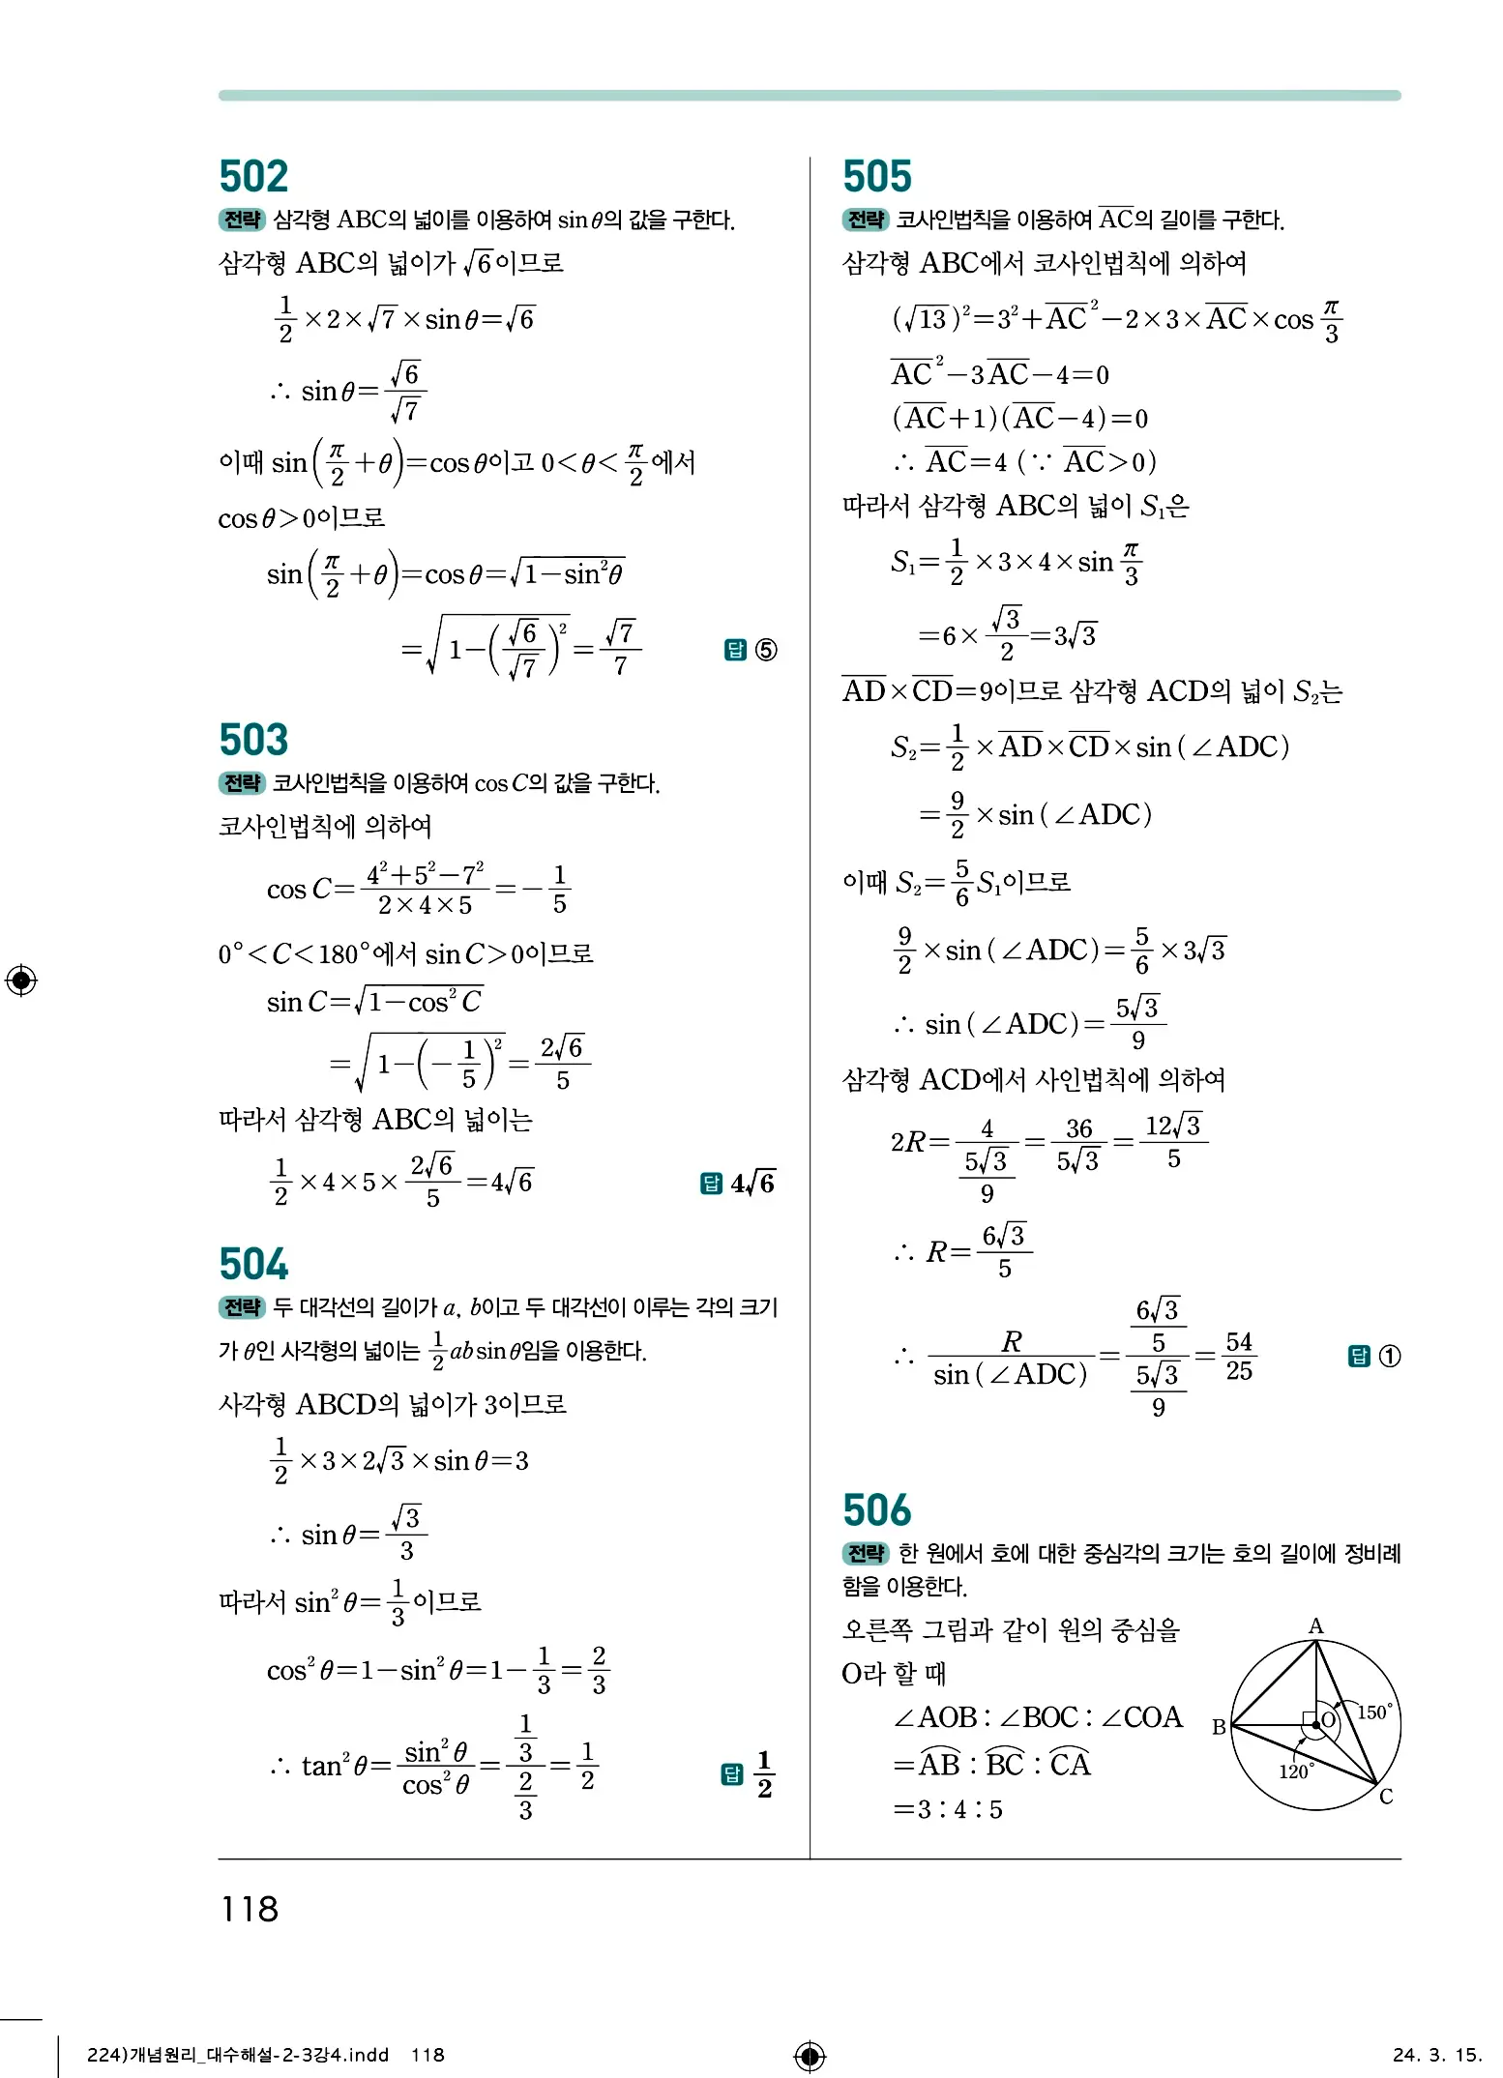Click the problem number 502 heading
click(x=253, y=177)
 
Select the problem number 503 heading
click(x=253, y=741)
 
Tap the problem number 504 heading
click(x=253, y=1265)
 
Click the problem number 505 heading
click(x=877, y=177)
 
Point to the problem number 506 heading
click(x=877, y=1510)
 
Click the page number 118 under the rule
click(x=250, y=1910)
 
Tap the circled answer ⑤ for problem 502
click(x=765, y=650)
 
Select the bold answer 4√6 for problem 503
click(x=752, y=1184)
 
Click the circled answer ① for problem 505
click(x=1389, y=1357)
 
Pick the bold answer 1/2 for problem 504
click(x=764, y=1774)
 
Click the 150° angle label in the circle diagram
click(x=1373, y=1713)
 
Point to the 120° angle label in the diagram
click(x=1295, y=1771)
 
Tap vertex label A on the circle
click(x=1315, y=1626)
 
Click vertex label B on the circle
click(x=1219, y=1727)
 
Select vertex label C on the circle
click(x=1386, y=1797)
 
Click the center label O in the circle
click(x=1329, y=1720)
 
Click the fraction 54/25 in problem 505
click(x=1239, y=1356)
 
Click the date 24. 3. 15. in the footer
click(x=1436, y=2055)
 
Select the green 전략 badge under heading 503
click(x=242, y=783)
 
